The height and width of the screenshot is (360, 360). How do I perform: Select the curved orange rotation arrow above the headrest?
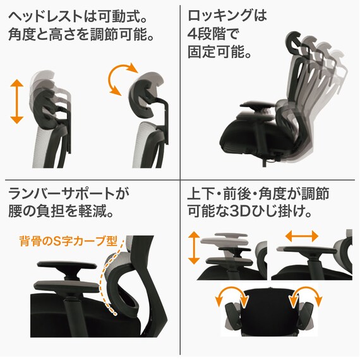122,79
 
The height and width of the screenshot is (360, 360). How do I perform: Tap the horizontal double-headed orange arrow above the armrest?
301,236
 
